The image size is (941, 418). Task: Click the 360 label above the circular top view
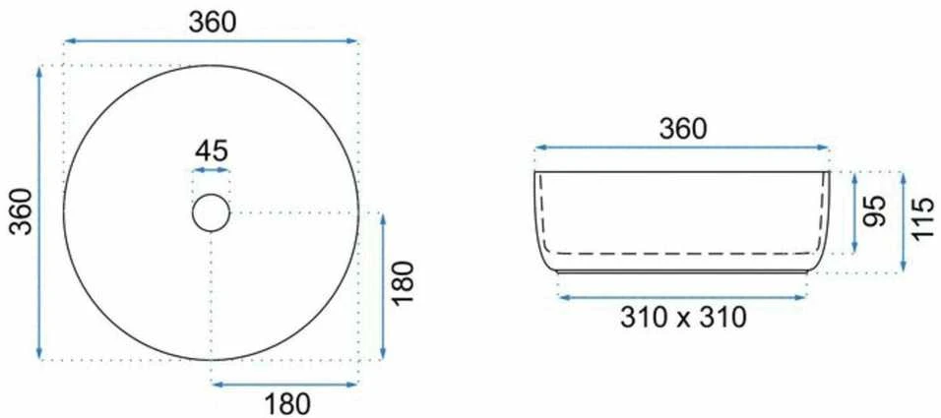click(x=213, y=23)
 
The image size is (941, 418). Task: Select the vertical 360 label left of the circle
click(x=23, y=211)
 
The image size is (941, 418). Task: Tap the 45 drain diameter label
click(x=212, y=151)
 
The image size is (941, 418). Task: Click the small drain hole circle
click(x=212, y=212)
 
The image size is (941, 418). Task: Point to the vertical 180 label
click(x=403, y=283)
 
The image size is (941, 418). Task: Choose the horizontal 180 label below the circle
click(x=285, y=403)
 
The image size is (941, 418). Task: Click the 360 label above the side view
click(x=683, y=129)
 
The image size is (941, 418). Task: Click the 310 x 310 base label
click(x=683, y=318)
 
